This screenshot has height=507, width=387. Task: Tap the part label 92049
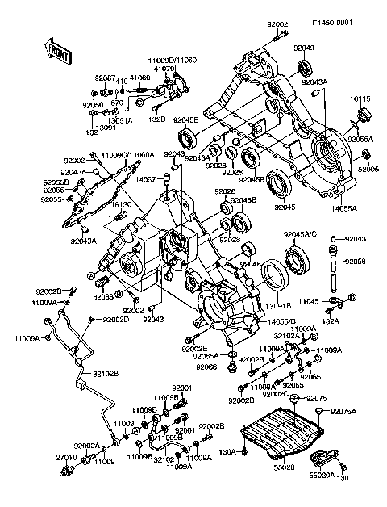point(304,48)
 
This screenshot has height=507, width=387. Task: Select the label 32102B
point(104,374)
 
